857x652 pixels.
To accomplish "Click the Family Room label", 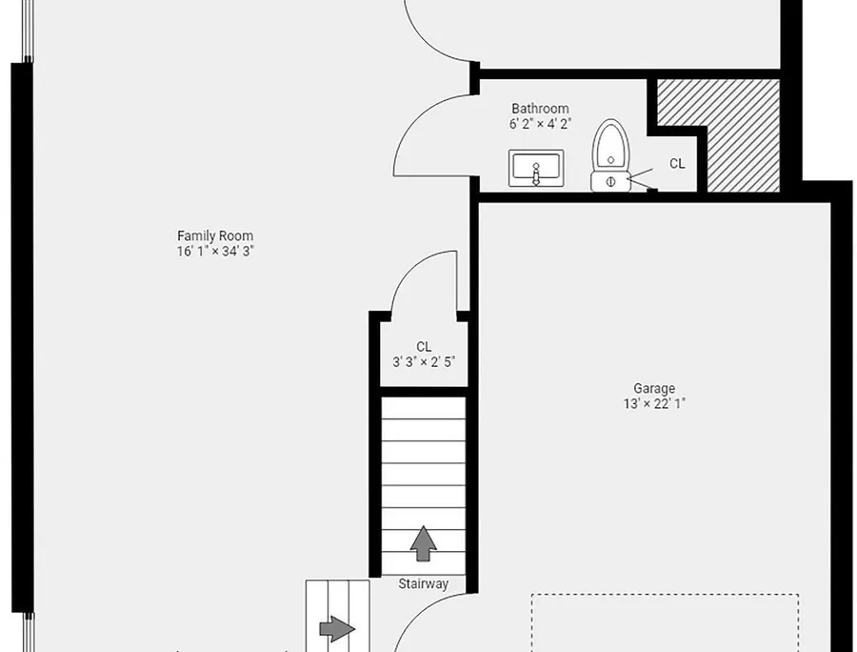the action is coord(215,235).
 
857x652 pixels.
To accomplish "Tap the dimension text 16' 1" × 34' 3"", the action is coord(215,251).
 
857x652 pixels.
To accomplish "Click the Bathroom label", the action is coord(540,109).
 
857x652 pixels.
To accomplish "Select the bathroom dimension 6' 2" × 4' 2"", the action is coord(540,124).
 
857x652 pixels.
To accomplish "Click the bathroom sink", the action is coord(536,168).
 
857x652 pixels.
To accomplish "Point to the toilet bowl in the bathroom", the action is coord(610,145).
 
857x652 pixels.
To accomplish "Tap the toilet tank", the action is coord(610,182).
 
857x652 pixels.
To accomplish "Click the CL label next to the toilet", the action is coord(677,164).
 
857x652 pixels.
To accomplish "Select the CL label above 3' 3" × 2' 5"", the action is coord(424,347).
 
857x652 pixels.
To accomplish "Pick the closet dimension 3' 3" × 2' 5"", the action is coord(424,362).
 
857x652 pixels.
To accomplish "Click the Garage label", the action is coord(654,388).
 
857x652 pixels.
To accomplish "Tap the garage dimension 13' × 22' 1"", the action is coord(654,403).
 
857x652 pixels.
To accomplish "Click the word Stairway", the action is coord(423,583).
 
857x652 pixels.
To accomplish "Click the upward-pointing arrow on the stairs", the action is coord(424,543).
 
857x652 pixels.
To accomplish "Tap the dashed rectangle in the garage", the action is coord(666,595).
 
